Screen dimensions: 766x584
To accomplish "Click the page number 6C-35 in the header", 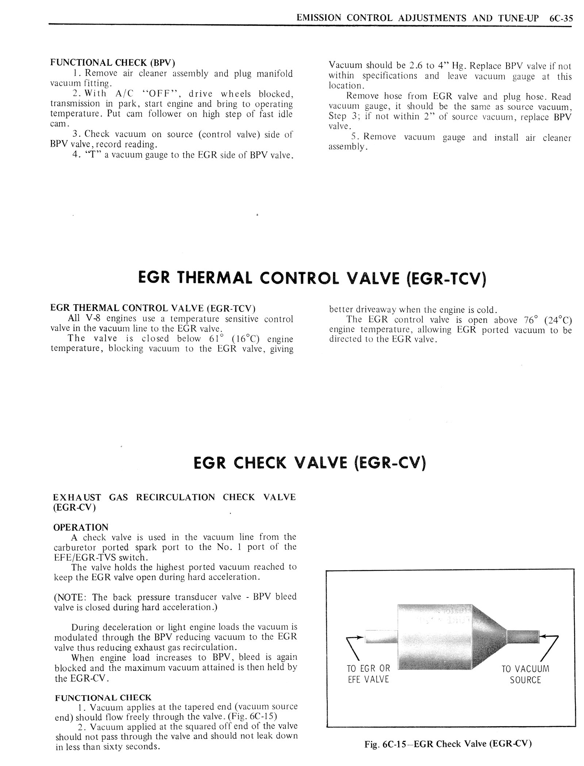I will [560, 18].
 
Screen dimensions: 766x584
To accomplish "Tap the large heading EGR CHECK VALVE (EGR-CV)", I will [310, 463].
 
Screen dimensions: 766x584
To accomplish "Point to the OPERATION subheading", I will [81, 527].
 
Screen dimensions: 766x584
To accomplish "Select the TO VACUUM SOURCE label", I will [525, 674].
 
